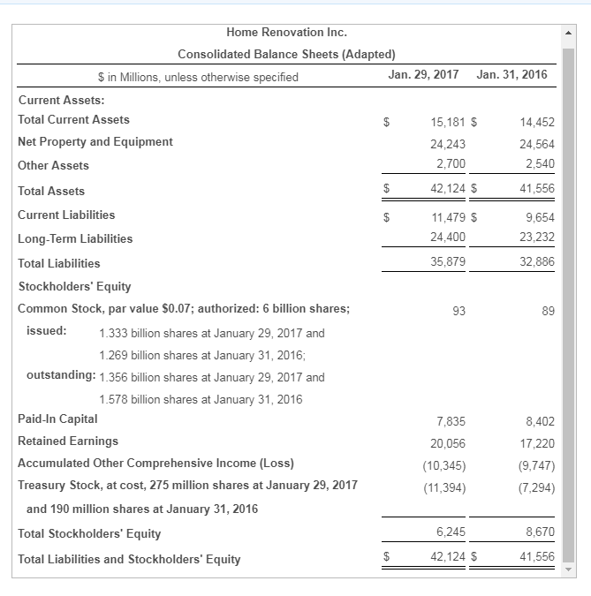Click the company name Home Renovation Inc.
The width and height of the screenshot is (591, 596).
coord(286,32)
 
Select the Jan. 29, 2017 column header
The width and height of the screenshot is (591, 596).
coord(423,74)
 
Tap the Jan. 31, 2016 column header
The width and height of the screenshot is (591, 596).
coord(511,74)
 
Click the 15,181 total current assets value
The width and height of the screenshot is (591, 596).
coord(448,120)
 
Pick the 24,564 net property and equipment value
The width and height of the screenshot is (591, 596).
coord(537,143)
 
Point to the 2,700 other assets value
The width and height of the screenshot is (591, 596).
coord(451,163)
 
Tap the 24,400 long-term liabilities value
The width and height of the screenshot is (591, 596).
coord(448,238)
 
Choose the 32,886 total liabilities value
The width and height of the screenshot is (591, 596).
coord(537,261)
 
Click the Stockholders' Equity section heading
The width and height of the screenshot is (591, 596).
coord(74,286)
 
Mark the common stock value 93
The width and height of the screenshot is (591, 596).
coord(458,311)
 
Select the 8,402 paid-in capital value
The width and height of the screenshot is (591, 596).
coord(540,421)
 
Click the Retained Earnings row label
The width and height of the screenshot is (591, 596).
coord(68,441)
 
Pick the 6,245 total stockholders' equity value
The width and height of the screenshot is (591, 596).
coord(451,532)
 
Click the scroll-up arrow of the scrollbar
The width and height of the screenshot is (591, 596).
coord(569,33)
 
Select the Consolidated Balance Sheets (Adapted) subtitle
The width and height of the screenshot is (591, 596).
coord(286,54)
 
